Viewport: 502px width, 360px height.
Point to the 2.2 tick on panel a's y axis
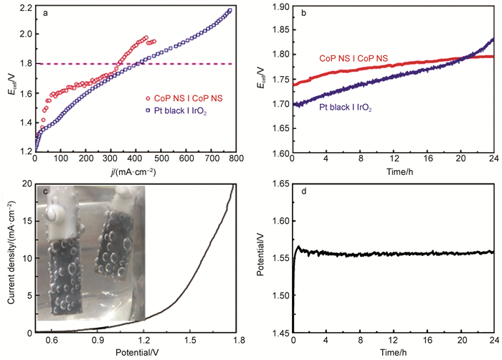(24, 8)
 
